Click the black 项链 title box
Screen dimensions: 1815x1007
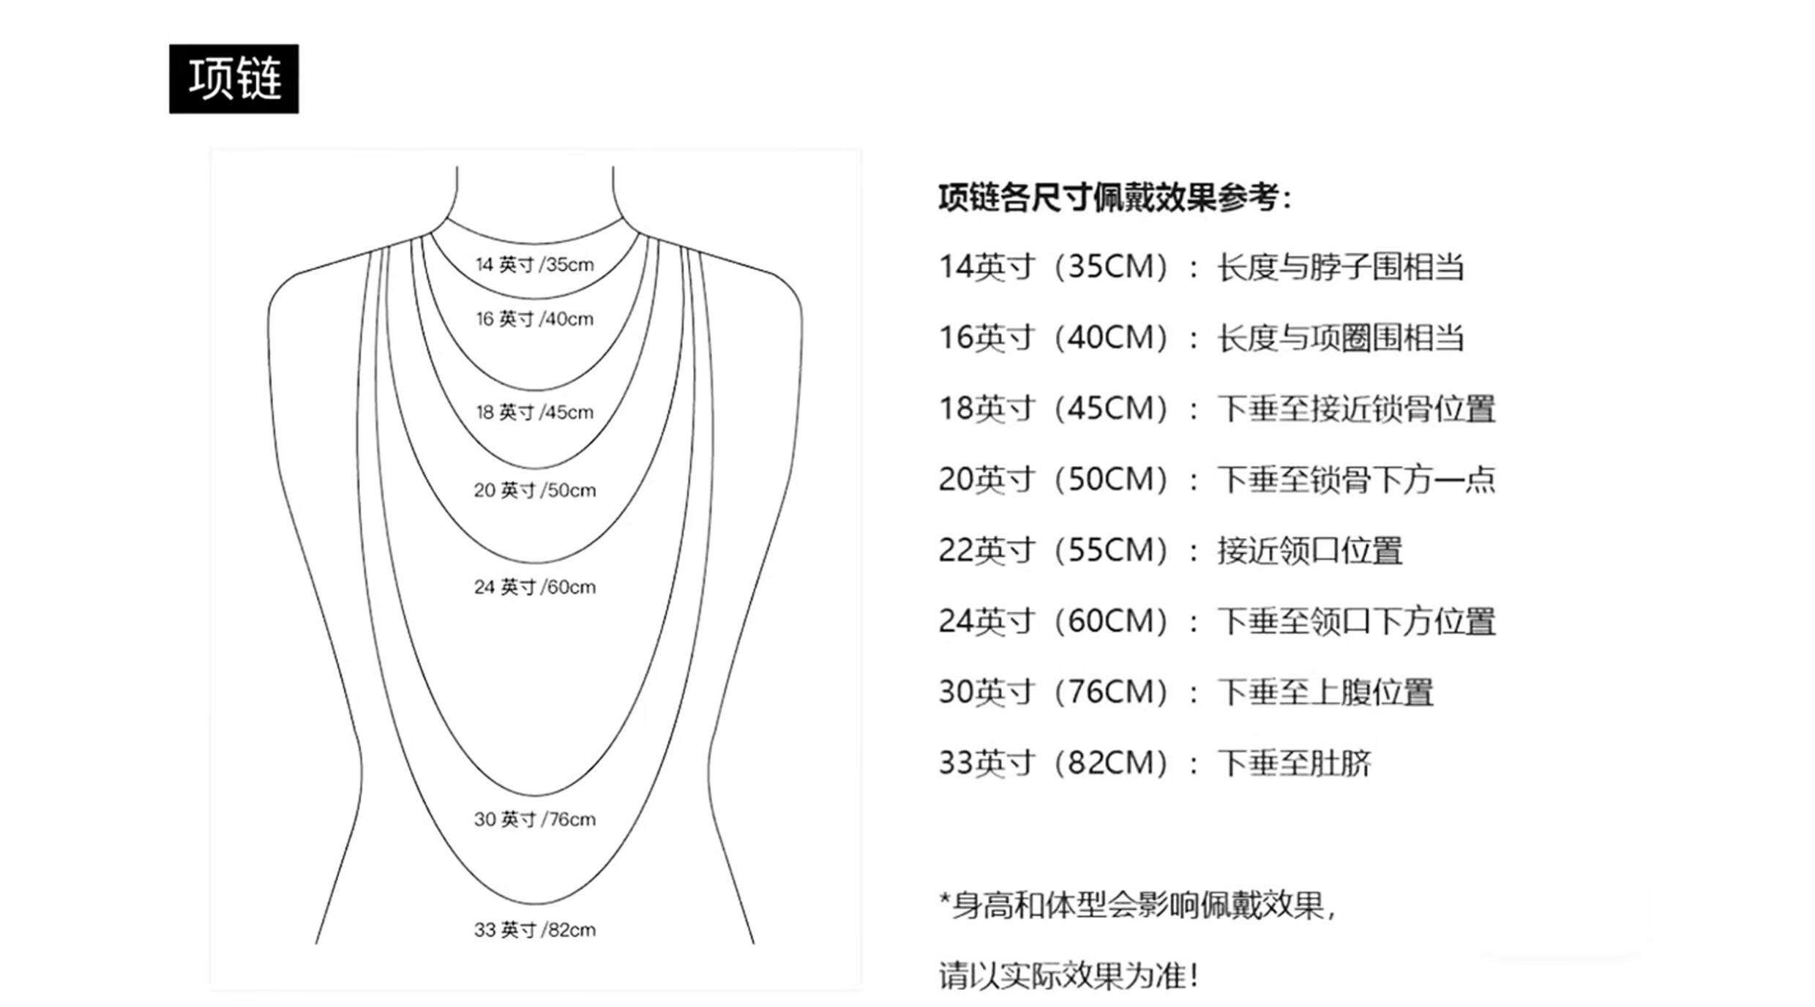click(233, 78)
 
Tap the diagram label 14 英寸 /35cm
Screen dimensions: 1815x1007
click(534, 264)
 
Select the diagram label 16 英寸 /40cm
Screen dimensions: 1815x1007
click(534, 319)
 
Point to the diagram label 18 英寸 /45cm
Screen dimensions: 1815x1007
click(534, 412)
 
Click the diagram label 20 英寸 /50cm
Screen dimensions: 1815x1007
click(534, 490)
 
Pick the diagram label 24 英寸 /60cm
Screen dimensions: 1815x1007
click(534, 587)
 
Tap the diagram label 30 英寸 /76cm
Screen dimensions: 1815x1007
click(534, 819)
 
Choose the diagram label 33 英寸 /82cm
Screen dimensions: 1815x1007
click(534, 929)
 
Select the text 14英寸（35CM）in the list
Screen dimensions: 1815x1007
click(1054, 267)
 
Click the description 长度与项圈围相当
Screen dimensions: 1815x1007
click(1340, 338)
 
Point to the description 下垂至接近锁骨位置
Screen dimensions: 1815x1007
click(1356, 408)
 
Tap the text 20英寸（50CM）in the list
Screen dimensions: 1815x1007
click(1054, 479)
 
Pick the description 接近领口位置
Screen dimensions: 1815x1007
click(1309, 550)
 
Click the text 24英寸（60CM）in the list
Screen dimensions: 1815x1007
click(1054, 621)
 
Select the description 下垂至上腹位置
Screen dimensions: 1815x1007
click(1325, 692)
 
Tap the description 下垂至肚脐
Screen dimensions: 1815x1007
click(1294, 763)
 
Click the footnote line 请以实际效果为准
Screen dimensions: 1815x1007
click(1068, 976)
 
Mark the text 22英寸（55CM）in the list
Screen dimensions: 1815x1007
click(1054, 550)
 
